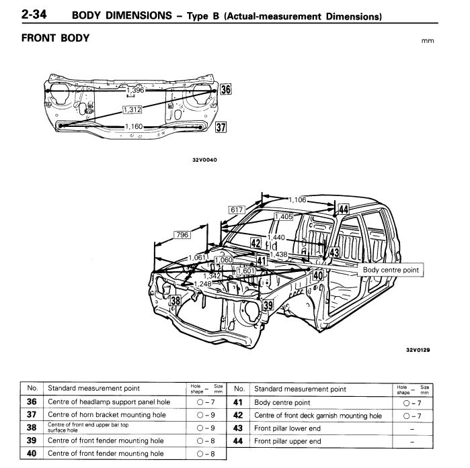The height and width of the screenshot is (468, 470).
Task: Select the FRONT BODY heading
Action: [x=55, y=38]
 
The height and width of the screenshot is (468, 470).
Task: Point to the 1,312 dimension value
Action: [x=133, y=109]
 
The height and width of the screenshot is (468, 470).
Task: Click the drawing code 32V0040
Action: [x=204, y=160]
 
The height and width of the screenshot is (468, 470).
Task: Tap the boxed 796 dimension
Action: [x=182, y=235]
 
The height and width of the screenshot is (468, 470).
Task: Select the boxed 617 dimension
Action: [x=236, y=210]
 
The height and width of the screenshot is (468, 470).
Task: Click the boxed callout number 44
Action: [x=343, y=209]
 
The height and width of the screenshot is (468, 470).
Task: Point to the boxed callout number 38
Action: [x=175, y=301]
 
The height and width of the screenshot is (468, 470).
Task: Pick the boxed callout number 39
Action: [x=268, y=306]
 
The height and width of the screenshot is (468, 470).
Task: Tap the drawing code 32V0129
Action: [x=418, y=349]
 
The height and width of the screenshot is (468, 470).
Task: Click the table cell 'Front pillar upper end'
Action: [x=288, y=442]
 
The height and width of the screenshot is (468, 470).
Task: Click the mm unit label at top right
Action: [x=428, y=40]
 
